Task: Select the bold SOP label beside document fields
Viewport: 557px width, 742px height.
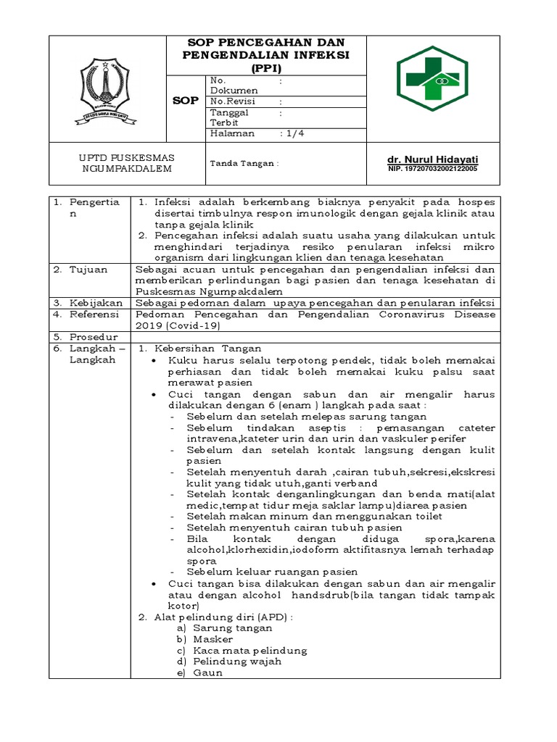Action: click(184, 101)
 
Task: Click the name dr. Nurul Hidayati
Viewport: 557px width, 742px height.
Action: click(433, 159)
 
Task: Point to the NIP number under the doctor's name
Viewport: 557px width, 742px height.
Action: click(433, 170)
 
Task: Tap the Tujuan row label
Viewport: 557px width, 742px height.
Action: click(88, 270)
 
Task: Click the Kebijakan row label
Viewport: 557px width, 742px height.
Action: click(94, 302)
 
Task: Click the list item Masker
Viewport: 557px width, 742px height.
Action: click(213, 639)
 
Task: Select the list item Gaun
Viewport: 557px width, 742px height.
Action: click(207, 672)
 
